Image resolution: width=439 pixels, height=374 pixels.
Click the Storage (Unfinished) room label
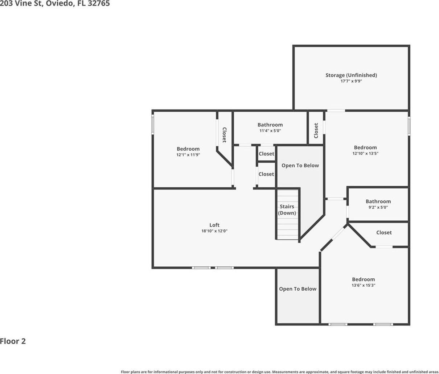(x=351, y=75)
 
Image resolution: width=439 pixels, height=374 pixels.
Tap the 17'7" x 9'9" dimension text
(x=351, y=81)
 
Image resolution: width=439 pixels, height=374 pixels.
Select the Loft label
(x=214, y=225)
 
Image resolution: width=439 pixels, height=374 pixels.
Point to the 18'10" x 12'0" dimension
(x=214, y=231)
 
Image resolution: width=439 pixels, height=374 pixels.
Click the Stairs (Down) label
(x=287, y=209)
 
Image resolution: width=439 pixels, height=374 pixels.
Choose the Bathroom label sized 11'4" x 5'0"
(x=270, y=125)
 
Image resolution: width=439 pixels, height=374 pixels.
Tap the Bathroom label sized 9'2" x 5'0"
(x=378, y=201)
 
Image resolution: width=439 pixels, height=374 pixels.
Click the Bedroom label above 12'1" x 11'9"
(x=188, y=149)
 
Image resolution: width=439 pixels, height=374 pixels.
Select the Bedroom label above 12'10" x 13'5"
(x=365, y=147)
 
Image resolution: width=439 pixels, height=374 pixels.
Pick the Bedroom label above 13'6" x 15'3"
(x=364, y=279)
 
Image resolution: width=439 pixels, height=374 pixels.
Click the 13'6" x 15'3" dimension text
(x=364, y=285)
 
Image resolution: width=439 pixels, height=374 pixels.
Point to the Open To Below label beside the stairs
(x=300, y=166)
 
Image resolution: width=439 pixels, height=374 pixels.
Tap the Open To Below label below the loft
(x=298, y=289)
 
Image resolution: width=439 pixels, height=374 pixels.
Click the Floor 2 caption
(x=13, y=341)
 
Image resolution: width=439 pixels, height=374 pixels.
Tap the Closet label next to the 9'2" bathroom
(x=384, y=233)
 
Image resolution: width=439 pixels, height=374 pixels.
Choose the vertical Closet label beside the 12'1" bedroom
(x=224, y=135)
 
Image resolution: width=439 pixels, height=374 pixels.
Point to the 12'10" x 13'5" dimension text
(x=365, y=153)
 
